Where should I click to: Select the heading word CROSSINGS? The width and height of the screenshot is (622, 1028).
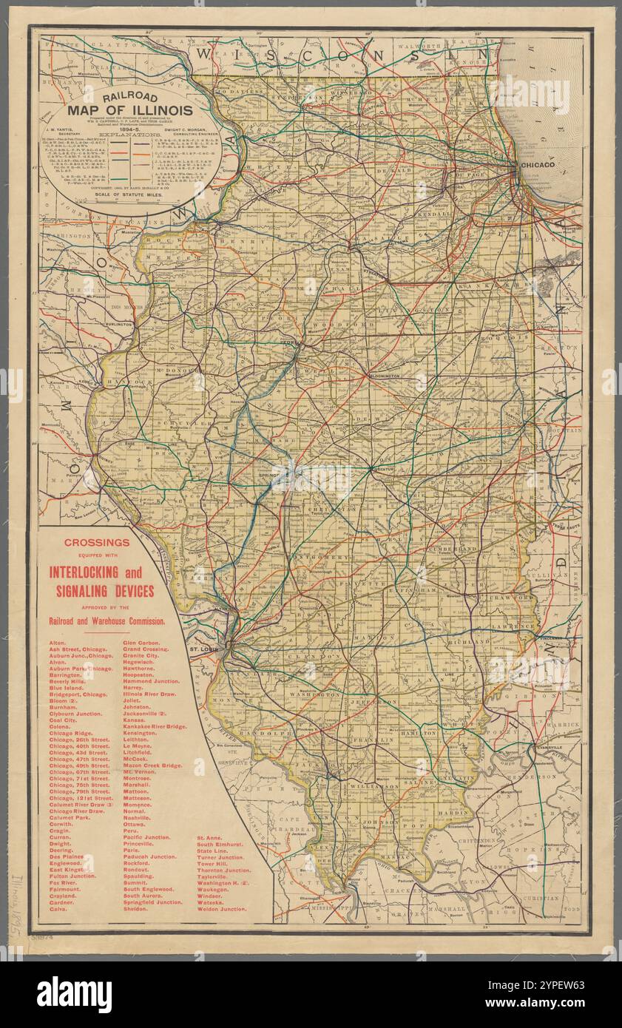(97, 542)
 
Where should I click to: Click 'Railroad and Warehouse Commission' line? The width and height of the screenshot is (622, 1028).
(107, 620)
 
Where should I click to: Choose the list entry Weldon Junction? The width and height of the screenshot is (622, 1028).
(222, 908)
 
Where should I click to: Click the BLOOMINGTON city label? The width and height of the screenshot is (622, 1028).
(379, 376)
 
